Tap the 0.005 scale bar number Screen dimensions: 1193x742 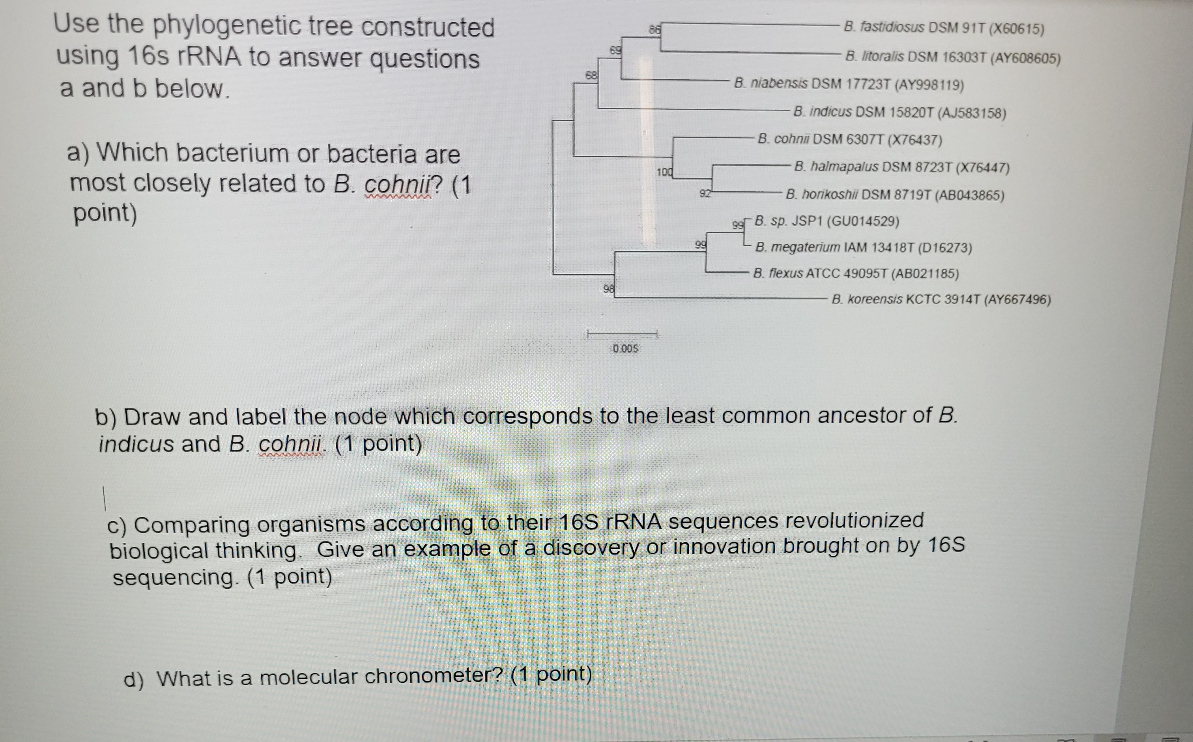point(625,348)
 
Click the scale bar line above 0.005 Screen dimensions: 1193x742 point(622,335)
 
